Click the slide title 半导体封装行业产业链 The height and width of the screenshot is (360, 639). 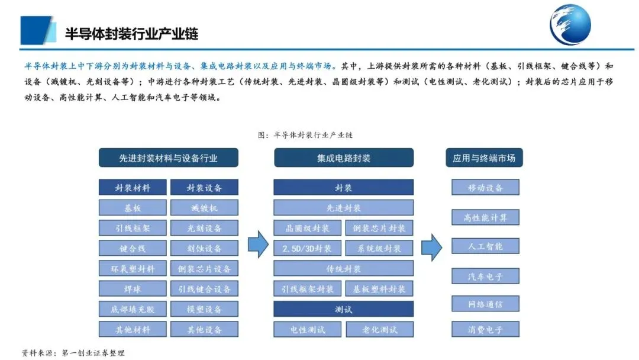click(131, 33)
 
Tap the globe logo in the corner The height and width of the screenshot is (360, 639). click(570, 25)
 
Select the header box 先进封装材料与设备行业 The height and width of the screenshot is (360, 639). click(168, 158)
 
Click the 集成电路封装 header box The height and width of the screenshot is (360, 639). click(343, 158)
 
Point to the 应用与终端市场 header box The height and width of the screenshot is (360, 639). click(484, 158)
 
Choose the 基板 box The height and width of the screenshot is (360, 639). click(133, 208)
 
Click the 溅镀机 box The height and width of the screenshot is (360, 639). click(204, 208)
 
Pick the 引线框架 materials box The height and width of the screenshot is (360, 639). click(133, 228)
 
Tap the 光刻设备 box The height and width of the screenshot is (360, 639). click(204, 228)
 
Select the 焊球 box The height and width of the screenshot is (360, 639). click(133, 289)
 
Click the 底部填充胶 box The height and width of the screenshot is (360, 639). click(133, 309)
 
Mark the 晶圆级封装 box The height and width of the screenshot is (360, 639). click(306, 228)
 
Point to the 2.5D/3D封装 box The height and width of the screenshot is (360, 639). click(306, 248)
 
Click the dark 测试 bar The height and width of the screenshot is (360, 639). click(343, 309)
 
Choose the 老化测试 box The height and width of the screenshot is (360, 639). click(379, 329)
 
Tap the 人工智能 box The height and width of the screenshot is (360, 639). click(485, 246)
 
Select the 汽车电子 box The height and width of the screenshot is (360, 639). click(485, 275)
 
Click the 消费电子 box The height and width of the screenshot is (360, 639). click(485, 329)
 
